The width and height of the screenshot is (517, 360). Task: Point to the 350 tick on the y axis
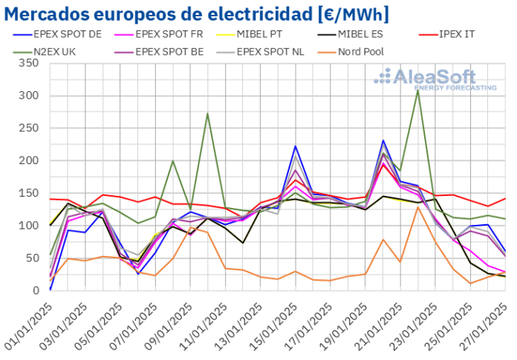tap(29, 63)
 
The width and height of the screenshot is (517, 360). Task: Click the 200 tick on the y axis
tap(29, 160)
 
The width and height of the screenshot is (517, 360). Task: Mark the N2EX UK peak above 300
tap(418, 91)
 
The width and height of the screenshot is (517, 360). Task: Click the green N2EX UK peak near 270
tap(207, 114)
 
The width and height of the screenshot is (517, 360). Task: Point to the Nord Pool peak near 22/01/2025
tap(418, 207)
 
